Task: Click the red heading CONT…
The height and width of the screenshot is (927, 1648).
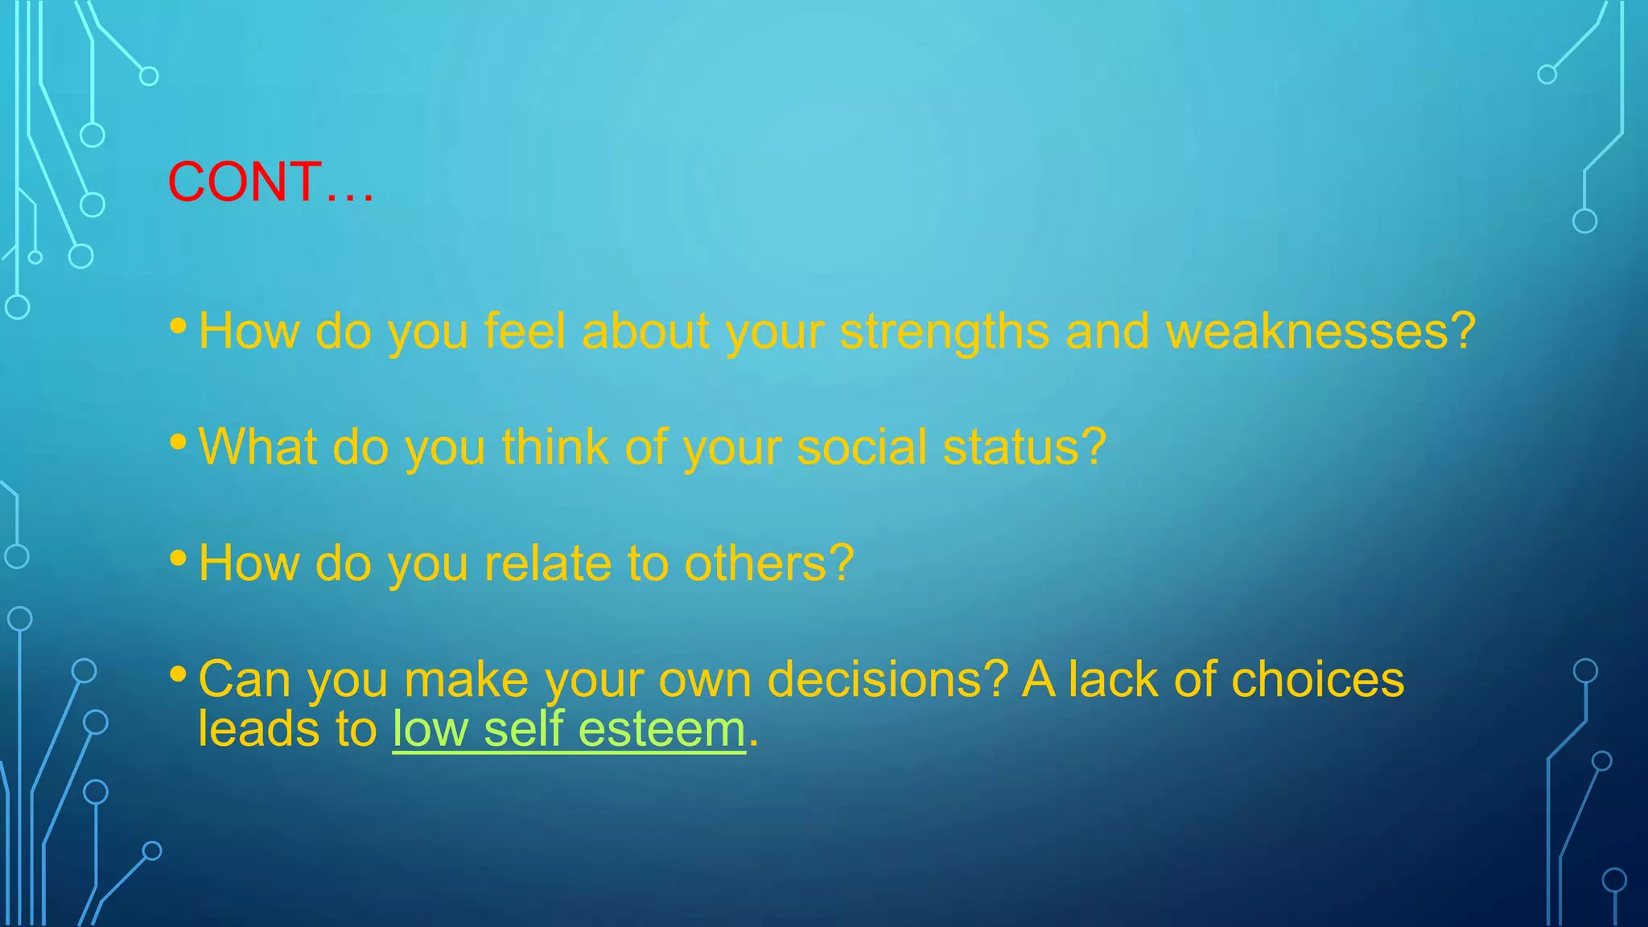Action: click(x=270, y=182)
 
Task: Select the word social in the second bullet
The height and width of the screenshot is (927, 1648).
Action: click(x=861, y=447)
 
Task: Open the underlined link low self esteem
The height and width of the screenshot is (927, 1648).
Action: click(x=569, y=730)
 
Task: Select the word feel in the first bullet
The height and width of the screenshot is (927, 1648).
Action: click(x=525, y=332)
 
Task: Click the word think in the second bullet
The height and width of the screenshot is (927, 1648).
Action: click(x=554, y=447)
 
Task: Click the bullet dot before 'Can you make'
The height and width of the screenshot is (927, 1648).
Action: click(x=179, y=674)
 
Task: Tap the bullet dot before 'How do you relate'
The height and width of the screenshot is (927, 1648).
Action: click(x=179, y=557)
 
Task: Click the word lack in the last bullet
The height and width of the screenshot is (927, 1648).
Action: click(x=1114, y=680)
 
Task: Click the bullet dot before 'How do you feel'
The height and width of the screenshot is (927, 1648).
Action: click(x=179, y=325)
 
